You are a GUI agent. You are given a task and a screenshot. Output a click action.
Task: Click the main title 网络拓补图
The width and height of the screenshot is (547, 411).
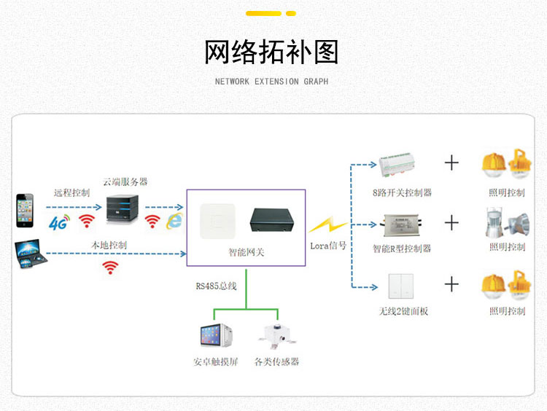click(271, 52)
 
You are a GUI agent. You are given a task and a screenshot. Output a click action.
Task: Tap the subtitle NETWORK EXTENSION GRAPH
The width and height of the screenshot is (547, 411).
click(271, 82)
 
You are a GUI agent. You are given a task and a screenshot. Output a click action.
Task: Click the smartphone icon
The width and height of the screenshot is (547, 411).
click(25, 211)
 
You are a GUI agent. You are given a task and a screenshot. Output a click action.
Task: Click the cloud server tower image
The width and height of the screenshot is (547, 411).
click(121, 210)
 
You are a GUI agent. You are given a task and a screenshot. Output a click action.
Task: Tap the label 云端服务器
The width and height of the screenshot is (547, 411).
click(125, 181)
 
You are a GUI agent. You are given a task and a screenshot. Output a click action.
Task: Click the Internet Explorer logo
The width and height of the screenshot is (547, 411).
click(174, 221)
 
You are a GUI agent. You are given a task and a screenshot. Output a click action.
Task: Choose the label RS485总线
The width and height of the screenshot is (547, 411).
click(216, 286)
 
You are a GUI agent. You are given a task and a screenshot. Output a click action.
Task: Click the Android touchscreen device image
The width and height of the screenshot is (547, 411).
click(216, 335)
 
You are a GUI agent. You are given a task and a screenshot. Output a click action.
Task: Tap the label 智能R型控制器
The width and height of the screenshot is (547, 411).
click(402, 248)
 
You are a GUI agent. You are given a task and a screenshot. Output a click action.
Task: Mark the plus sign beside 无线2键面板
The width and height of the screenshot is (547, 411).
click(452, 284)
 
